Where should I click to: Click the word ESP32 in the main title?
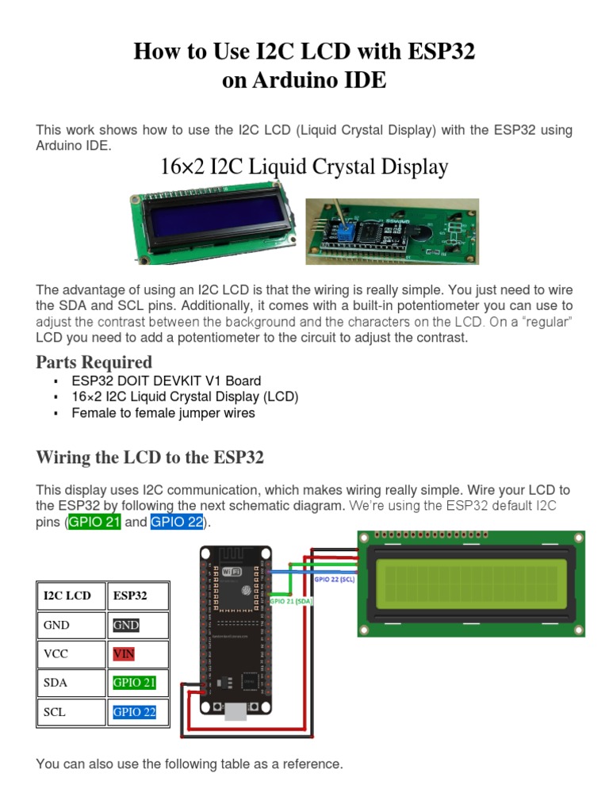[438, 52]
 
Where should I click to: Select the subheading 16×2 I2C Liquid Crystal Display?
[304, 167]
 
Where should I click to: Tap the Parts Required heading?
[94, 362]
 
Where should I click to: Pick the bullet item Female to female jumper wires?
[163, 412]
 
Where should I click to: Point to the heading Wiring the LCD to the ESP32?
[150, 458]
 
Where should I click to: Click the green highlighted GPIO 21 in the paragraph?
[94, 523]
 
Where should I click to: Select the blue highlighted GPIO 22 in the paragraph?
[177, 523]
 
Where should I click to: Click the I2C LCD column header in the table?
[67, 595]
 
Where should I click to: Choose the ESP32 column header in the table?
[130, 595]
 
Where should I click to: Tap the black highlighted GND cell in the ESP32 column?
[126, 625]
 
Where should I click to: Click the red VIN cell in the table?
[124, 654]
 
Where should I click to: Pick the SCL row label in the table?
[55, 712]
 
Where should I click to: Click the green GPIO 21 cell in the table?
[134, 683]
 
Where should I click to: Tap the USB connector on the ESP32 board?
[236, 710]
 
